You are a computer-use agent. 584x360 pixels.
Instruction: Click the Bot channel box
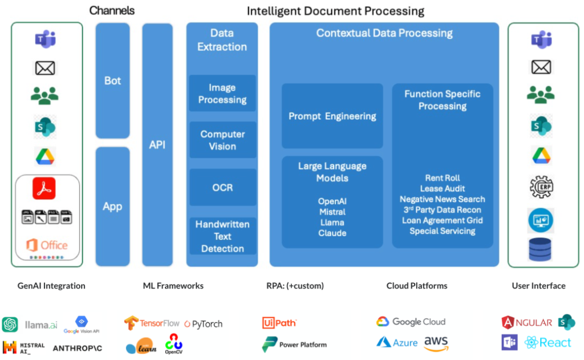tap(112, 80)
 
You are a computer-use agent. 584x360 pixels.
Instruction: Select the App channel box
tap(112, 206)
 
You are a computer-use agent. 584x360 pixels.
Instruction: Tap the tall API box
tap(157, 144)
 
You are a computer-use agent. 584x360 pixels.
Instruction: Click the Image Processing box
tap(222, 94)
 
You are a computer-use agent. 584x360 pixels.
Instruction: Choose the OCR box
tap(222, 187)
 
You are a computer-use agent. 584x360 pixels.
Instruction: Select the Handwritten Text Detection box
tap(222, 236)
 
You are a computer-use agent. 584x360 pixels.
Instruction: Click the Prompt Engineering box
tap(332, 116)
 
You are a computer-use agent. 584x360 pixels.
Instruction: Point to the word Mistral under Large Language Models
tap(332, 212)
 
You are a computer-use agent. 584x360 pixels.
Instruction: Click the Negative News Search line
tap(442, 199)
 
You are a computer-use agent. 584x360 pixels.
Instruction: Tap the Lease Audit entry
tap(442, 188)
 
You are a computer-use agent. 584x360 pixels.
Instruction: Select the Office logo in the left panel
tap(47, 245)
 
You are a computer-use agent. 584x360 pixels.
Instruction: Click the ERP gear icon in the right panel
tap(541, 187)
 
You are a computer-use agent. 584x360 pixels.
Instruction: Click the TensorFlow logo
tap(152, 323)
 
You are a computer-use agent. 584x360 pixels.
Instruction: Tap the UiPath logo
tap(279, 323)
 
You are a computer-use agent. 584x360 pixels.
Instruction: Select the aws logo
tap(436, 342)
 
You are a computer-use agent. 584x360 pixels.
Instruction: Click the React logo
tap(547, 342)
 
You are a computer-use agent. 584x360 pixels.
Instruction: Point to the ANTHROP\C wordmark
tap(78, 347)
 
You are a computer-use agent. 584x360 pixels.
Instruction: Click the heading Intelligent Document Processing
tap(335, 11)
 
